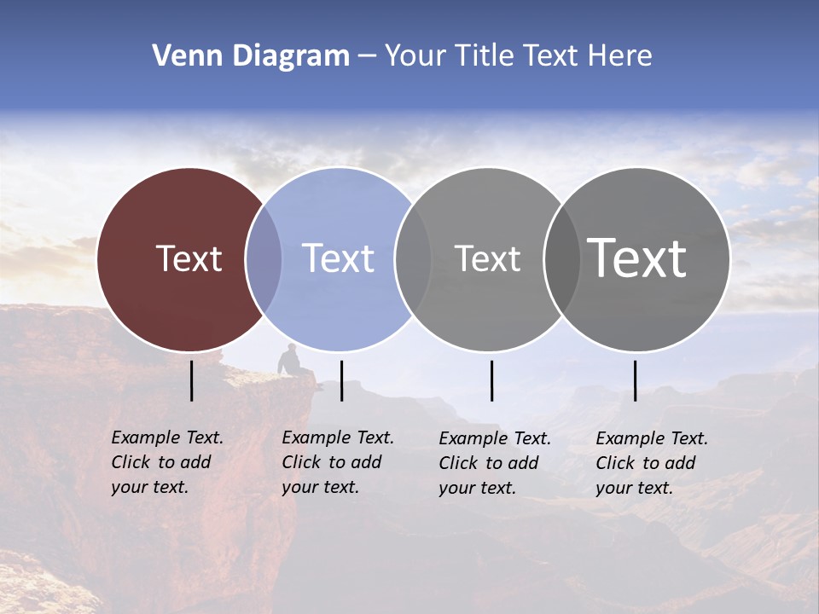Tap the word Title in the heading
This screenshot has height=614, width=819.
click(485, 56)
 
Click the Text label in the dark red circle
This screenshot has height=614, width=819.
click(189, 258)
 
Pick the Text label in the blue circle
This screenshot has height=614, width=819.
click(338, 258)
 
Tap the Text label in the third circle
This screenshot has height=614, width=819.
click(487, 258)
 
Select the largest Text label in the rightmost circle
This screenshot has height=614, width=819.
click(636, 258)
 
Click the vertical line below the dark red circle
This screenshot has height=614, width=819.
click(191, 380)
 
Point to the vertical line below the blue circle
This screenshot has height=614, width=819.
click(341, 380)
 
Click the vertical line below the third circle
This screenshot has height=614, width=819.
click(491, 380)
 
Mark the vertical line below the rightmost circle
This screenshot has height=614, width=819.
click(635, 380)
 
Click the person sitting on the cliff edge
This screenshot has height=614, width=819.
click(290, 361)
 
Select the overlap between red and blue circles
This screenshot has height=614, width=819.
click(264, 259)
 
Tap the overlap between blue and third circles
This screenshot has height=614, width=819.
click(413, 259)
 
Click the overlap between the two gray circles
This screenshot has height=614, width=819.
click(561, 259)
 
